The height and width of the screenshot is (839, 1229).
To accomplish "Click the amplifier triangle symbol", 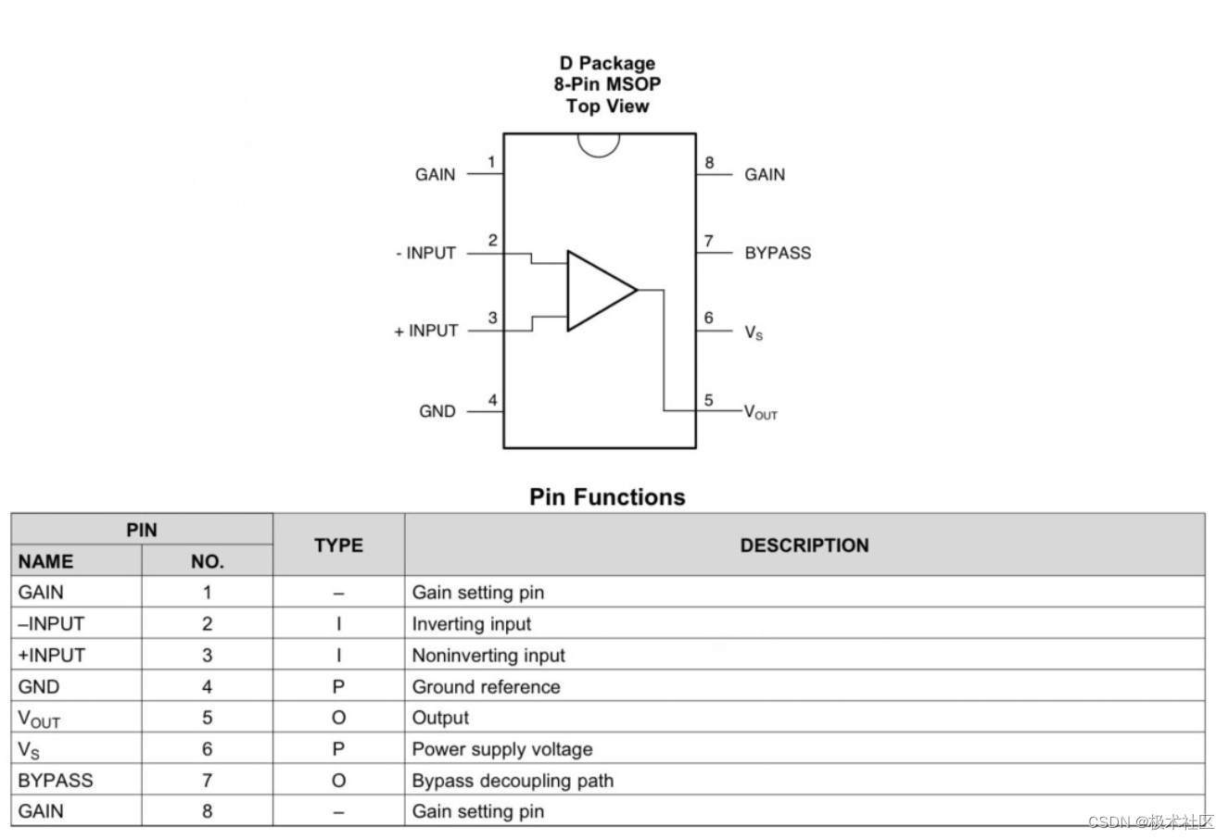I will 598,291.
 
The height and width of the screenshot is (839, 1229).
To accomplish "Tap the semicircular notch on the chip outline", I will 598,144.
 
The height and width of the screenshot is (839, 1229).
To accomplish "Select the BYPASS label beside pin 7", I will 777,253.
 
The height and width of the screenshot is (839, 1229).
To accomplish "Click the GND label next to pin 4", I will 437,411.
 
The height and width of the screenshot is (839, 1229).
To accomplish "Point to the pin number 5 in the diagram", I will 709,401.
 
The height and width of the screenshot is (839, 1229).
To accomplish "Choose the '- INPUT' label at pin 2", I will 425,253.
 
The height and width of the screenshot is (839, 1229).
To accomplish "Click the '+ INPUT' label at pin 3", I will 426,331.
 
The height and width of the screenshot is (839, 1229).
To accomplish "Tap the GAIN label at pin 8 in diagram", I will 765,174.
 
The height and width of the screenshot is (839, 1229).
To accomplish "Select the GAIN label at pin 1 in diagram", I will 436,174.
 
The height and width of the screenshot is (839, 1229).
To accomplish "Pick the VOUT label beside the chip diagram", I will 761,412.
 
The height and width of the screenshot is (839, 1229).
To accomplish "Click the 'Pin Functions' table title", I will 607,497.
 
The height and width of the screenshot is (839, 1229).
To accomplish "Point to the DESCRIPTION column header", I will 805,545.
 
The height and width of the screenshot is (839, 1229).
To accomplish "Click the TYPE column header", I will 338,545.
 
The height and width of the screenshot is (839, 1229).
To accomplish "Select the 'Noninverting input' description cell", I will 488,656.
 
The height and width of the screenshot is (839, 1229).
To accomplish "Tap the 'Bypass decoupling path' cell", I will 513,781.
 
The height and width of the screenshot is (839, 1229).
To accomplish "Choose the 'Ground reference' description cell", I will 486,687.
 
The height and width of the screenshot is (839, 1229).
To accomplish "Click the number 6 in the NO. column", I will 207,749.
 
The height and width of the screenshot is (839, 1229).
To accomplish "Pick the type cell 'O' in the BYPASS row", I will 338,781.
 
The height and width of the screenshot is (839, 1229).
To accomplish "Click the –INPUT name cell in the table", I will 51,624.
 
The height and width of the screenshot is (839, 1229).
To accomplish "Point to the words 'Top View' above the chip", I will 608,106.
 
